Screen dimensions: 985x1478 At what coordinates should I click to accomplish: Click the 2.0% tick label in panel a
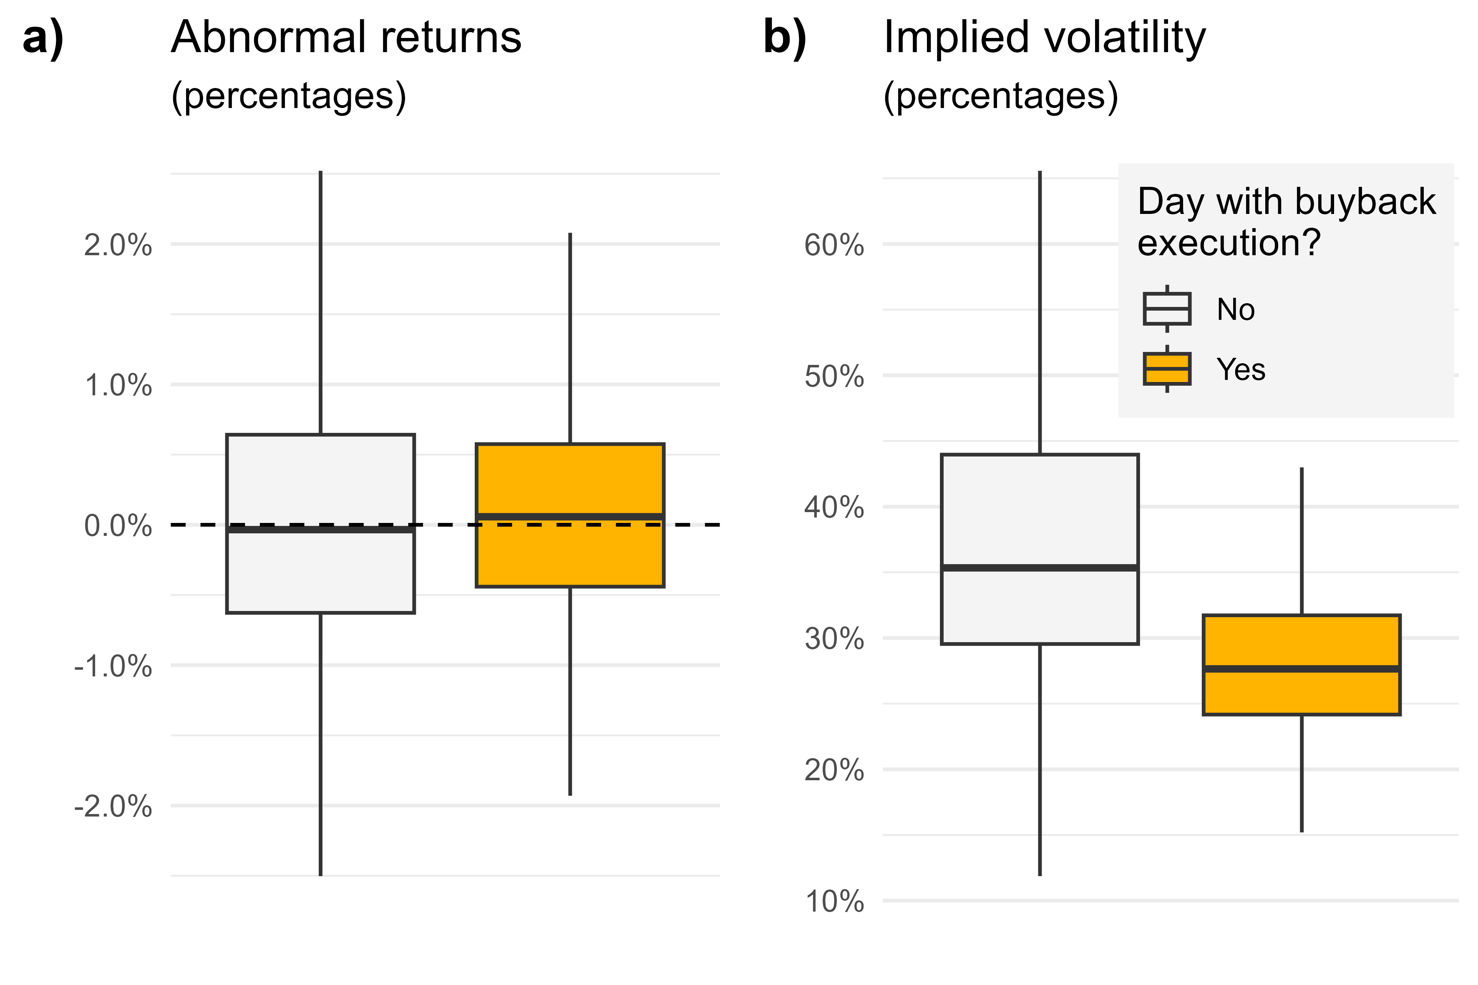tap(118, 245)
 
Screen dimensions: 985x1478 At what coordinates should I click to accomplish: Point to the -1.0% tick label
tap(113, 666)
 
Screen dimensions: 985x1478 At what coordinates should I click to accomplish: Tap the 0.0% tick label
tap(118, 526)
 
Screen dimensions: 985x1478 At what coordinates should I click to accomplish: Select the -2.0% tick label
tap(113, 806)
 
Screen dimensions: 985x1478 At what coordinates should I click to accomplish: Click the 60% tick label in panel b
tap(834, 245)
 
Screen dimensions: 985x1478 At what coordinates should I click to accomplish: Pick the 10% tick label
tap(834, 902)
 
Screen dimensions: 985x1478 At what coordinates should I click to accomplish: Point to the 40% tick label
tap(834, 507)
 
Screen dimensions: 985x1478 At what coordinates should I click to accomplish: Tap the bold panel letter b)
tap(785, 38)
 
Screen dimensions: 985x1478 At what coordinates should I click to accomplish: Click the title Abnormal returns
tap(346, 38)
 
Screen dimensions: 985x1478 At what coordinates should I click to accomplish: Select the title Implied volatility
tap(1045, 38)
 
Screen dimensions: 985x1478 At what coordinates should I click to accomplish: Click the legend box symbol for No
tap(1167, 309)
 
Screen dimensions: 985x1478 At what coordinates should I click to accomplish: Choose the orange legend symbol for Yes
tap(1167, 369)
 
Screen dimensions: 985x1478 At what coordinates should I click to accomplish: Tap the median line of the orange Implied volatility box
tap(1302, 669)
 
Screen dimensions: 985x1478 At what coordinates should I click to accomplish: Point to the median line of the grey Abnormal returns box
tap(320, 530)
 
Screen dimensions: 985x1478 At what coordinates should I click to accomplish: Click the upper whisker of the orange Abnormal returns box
tap(570, 339)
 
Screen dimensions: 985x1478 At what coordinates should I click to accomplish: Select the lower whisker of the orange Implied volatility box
tap(1302, 773)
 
